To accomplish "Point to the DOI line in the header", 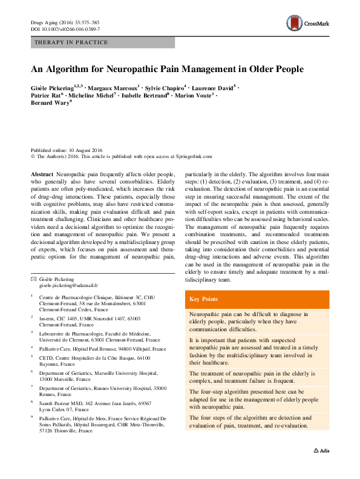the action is click(x=65, y=29).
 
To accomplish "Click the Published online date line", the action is click(x=67, y=150).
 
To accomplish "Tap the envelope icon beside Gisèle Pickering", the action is click(x=33, y=278).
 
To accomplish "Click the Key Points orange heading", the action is click(x=203, y=299).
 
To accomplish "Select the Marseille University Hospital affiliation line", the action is click(x=98, y=374).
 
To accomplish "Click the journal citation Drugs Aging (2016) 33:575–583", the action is click(x=65, y=22).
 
